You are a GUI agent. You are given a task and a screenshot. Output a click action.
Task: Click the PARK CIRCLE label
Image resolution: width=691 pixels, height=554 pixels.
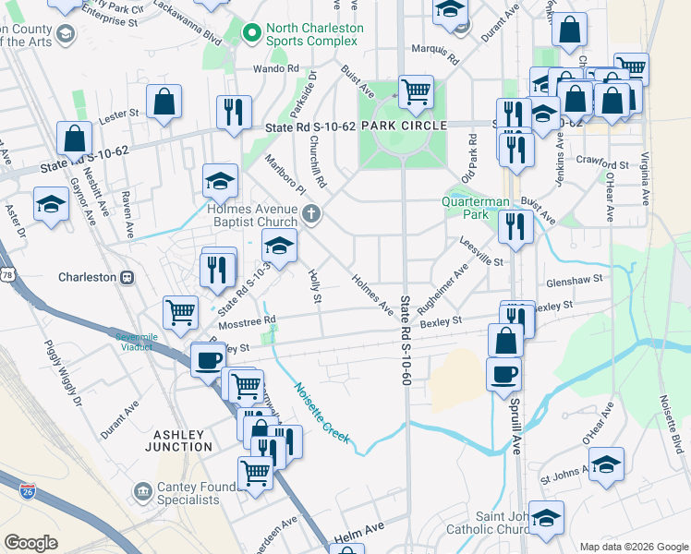point(404,125)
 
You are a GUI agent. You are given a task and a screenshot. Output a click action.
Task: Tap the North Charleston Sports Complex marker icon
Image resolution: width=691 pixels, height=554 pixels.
point(249,34)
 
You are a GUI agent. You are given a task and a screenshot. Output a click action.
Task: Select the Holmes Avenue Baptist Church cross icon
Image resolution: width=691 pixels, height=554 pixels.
point(312,215)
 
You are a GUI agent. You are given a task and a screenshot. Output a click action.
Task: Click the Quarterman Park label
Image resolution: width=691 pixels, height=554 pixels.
point(477,207)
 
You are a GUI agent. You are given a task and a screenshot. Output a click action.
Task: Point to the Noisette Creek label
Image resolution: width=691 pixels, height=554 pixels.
point(321,413)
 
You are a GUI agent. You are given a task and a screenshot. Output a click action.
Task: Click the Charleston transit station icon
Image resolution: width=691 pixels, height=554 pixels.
point(127,277)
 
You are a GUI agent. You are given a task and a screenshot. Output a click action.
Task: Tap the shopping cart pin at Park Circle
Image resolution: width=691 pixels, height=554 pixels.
point(417,91)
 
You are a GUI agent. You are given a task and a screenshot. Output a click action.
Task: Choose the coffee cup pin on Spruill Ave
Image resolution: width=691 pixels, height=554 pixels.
point(503,375)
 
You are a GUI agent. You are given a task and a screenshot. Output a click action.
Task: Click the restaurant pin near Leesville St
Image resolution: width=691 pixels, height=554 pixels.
point(515,225)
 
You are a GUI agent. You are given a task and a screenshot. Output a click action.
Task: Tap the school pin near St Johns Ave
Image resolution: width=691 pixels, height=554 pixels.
point(606,464)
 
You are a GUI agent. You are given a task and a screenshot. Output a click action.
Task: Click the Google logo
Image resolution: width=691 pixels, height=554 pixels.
point(30,543)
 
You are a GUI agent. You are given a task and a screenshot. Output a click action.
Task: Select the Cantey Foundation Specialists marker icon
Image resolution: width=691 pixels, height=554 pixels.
point(143,489)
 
